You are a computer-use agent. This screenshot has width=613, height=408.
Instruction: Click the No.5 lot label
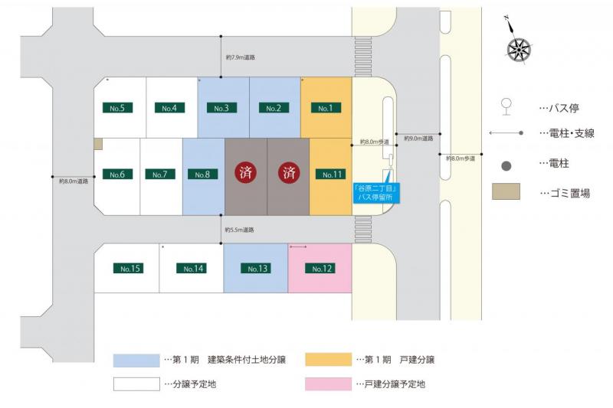coord(117,108)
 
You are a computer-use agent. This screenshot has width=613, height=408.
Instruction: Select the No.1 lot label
coord(325,108)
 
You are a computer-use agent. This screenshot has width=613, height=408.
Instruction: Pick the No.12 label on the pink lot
coord(319,269)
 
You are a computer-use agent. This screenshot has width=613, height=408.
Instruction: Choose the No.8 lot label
coord(202,175)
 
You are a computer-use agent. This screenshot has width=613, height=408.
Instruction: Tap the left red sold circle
coord(245,172)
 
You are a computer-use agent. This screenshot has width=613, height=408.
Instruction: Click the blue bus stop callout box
coord(374,192)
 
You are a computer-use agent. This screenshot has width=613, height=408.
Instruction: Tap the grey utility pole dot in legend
coord(506,164)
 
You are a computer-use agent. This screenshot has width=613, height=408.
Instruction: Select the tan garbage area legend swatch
coord(506,191)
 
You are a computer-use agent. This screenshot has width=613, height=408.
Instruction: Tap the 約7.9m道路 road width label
coord(241,57)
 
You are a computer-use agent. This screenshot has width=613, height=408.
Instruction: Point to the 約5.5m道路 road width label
coord(240,230)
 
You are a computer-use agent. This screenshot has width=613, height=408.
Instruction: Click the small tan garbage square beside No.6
coord(98,143)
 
